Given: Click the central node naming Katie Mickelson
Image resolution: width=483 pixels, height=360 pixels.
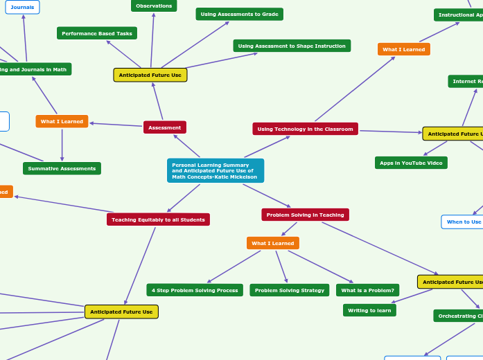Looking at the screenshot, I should pos(215,170).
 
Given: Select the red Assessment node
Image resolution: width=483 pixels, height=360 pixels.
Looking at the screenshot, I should pos(164,127).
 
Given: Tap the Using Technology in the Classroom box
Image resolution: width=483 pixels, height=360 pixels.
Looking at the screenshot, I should pos(305,129).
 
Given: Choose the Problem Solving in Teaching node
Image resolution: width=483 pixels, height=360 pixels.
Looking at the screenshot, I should pos(305,215).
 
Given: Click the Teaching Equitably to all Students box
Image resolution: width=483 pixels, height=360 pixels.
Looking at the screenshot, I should pos(158,219).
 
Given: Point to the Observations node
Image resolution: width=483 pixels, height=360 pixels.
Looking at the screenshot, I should pos(154,6).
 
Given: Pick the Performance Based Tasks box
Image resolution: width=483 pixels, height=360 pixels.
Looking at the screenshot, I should pos(97,33).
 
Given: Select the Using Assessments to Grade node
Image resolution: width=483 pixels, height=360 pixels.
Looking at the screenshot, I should pos(239,14).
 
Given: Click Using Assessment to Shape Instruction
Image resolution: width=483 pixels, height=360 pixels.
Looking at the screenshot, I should pos(292,46).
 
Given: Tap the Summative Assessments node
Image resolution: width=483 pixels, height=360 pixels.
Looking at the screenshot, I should pos(62,168).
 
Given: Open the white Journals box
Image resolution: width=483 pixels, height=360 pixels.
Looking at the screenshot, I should pos(22,7).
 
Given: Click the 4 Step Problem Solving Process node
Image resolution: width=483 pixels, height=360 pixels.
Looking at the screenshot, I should pos(195,290).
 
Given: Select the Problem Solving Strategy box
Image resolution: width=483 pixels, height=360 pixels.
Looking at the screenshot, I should pos(289,290).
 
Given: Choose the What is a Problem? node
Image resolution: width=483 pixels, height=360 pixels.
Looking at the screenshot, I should pos(367,290).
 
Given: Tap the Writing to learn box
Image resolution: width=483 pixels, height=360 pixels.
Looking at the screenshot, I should pos(369,310).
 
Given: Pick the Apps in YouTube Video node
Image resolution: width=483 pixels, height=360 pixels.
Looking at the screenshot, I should pos(411,163).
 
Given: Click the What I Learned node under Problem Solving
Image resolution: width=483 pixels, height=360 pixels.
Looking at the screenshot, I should pos(272,243).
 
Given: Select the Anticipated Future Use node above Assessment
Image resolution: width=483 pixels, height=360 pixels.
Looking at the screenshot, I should pos(150,75).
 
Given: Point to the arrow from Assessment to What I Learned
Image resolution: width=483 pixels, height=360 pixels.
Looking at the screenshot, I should pos(116,125).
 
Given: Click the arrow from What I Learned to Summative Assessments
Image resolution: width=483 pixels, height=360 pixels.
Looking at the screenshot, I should pos(62,145).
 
